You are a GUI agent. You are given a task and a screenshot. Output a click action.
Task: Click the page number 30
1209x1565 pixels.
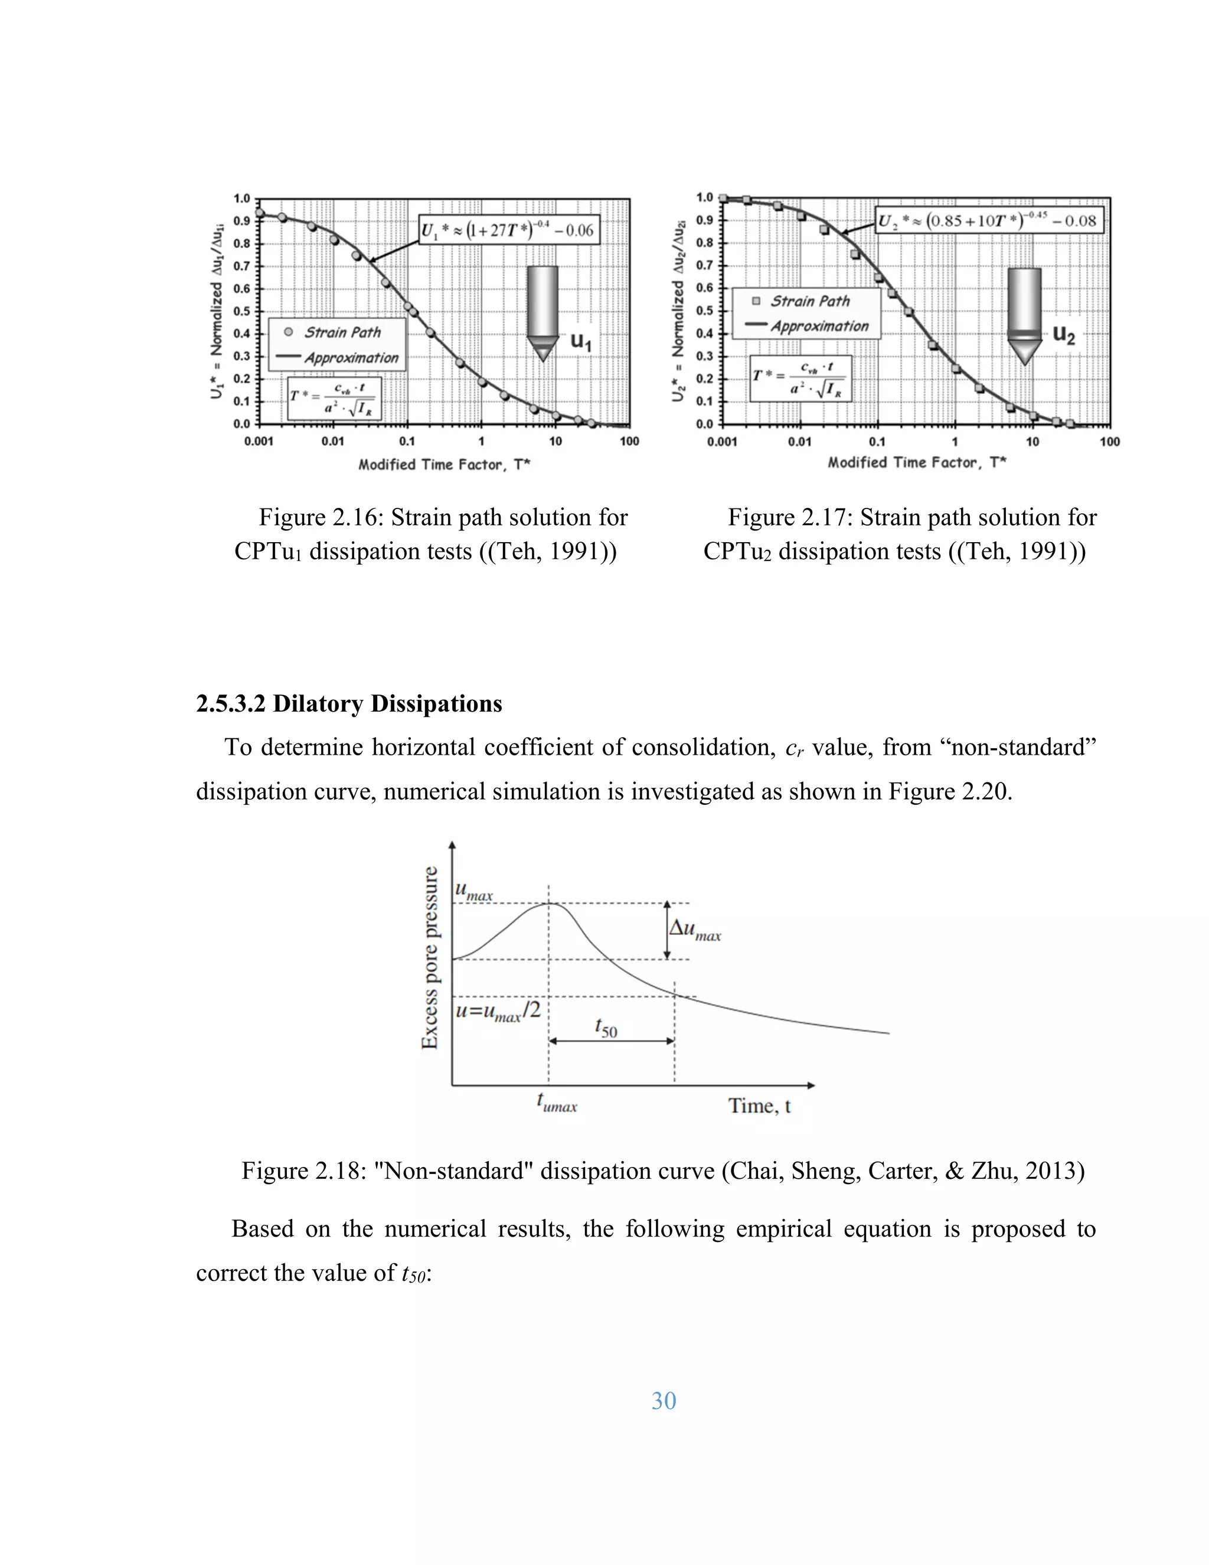click(663, 1400)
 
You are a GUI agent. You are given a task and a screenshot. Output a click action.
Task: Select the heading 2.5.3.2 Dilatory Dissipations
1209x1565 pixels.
click(349, 704)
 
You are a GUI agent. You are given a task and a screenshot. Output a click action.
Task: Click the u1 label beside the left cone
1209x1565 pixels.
click(580, 342)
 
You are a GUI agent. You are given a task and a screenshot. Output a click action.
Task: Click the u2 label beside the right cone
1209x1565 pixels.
click(1064, 335)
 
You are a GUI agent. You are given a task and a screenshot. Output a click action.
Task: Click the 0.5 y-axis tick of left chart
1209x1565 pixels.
click(241, 311)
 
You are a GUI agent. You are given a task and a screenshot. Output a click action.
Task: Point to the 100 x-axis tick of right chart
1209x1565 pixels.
click(1109, 442)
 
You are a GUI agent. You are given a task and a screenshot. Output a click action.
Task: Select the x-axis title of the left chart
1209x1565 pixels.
click(444, 464)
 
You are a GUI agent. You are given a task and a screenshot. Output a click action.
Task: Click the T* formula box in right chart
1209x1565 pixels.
click(800, 379)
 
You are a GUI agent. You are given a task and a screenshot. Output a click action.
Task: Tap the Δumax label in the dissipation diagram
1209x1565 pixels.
click(695, 930)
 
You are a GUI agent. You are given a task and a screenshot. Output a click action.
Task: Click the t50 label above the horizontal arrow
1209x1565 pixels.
click(605, 1027)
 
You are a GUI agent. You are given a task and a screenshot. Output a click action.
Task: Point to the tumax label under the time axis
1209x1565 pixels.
click(557, 1103)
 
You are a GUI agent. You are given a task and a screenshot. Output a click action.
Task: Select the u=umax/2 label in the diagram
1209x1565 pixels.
click(498, 1012)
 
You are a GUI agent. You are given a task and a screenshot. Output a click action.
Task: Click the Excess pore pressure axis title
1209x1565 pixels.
click(430, 958)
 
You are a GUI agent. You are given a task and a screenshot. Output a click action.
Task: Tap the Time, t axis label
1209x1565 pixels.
click(759, 1106)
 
